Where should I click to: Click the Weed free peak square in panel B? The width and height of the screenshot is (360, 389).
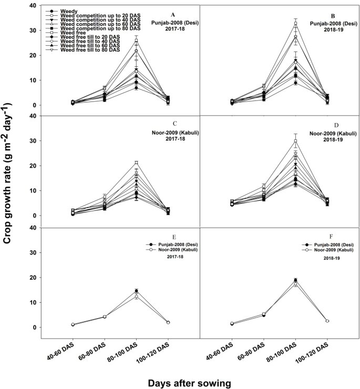[x=295, y=24]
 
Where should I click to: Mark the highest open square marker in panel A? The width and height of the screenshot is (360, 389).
[x=136, y=40]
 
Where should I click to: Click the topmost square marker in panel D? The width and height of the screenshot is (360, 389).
[x=295, y=141]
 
